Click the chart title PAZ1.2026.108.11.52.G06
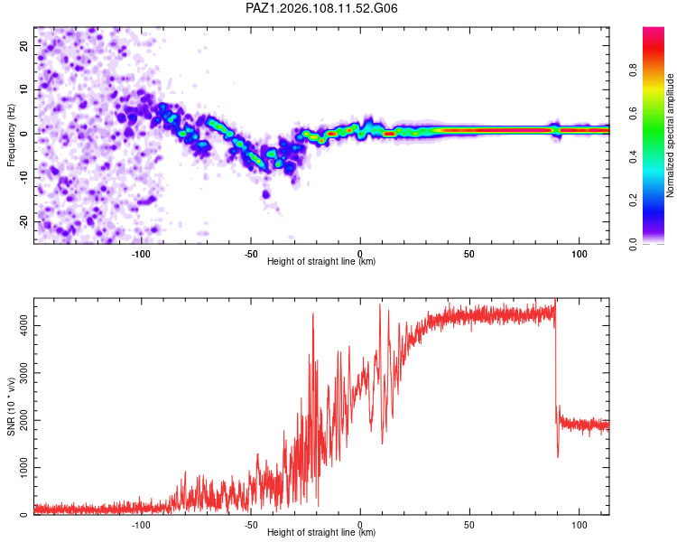(x=321, y=8)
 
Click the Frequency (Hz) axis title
(x=11, y=135)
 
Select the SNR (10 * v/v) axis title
(x=11, y=406)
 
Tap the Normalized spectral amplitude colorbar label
(x=670, y=135)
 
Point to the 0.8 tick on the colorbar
(x=633, y=70)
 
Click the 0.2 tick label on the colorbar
(x=633, y=201)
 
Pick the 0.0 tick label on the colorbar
(x=633, y=244)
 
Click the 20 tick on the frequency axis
(x=24, y=45)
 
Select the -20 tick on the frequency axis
(x=24, y=221)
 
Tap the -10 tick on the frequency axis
(x=24, y=177)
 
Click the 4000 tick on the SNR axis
(x=24, y=325)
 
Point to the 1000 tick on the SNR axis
(x=24, y=467)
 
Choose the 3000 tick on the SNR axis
(x=24, y=372)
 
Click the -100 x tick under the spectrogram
(x=141, y=254)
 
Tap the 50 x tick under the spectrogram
(x=469, y=254)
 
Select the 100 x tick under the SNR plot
(x=579, y=525)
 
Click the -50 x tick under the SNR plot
(x=250, y=525)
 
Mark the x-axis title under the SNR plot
(x=321, y=532)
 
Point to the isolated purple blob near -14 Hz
(x=266, y=194)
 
